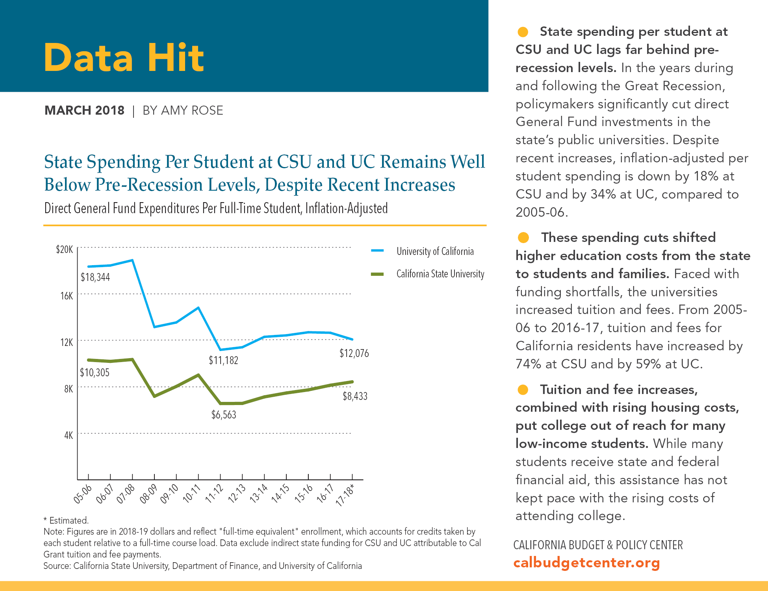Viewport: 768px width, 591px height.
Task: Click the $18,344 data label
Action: tap(95, 277)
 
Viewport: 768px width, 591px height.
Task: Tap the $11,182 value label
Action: tap(223, 360)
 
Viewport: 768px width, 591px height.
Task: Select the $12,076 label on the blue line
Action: tap(354, 353)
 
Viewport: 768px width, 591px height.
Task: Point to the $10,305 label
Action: tap(95, 372)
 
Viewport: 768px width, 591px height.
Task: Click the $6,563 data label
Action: tap(224, 414)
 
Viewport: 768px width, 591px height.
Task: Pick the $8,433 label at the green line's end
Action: tap(355, 396)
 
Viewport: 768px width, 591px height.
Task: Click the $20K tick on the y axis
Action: tap(65, 249)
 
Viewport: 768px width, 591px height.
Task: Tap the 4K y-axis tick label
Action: tap(69, 435)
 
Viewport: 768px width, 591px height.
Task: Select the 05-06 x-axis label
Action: tap(83, 494)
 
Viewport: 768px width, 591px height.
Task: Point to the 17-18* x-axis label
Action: tap(345, 494)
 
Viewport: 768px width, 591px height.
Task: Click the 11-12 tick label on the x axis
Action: tap(214, 494)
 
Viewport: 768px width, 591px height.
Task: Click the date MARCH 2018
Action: tap(84, 110)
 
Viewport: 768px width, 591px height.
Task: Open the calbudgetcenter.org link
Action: tap(586, 563)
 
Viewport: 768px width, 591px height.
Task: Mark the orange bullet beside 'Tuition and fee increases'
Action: tap(523, 390)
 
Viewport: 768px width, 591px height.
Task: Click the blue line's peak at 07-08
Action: tap(132, 260)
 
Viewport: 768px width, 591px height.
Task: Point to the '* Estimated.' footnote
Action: tap(66, 520)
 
